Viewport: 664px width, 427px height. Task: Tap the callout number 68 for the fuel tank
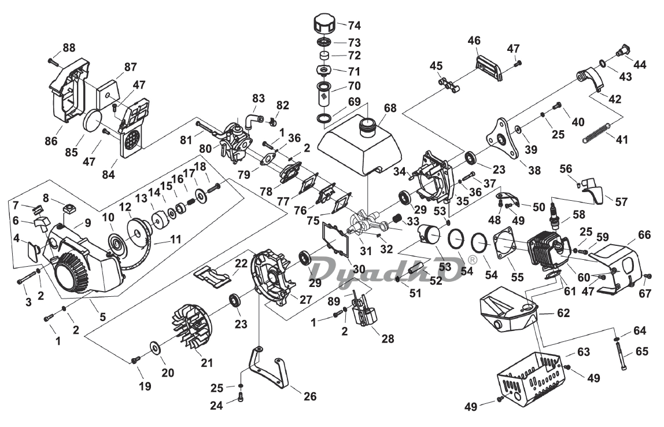click(390, 108)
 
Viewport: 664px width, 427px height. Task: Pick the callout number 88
click(69, 48)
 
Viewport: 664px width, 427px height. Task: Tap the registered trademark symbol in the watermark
click(472, 260)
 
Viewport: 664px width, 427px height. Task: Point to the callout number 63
click(583, 352)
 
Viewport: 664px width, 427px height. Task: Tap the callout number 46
click(474, 41)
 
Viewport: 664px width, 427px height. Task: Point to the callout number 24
click(216, 406)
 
